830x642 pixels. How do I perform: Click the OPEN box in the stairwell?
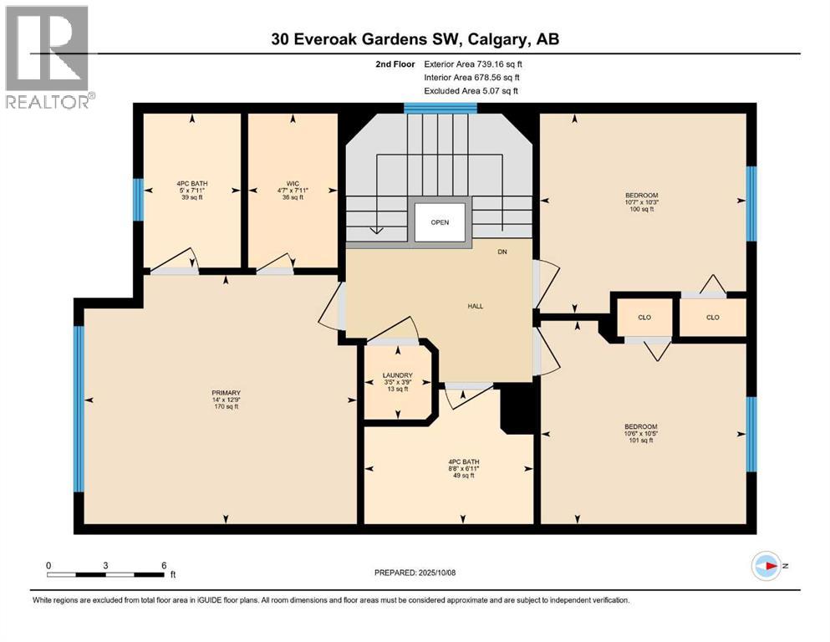[440, 222]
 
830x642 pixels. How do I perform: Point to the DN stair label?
[502, 252]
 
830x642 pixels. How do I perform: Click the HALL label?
[475, 306]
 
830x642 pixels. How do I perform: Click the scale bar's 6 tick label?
[163, 565]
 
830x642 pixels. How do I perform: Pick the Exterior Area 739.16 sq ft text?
[477, 64]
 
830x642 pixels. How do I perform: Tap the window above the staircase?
[440, 107]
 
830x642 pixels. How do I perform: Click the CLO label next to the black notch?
[644, 318]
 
